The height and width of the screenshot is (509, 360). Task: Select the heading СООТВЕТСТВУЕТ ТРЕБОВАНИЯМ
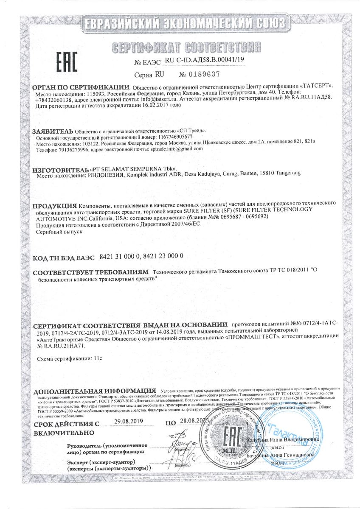tap(90, 271)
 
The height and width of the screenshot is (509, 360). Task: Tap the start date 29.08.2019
tap(129, 421)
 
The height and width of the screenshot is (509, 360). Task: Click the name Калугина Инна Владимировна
tap(282, 439)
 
